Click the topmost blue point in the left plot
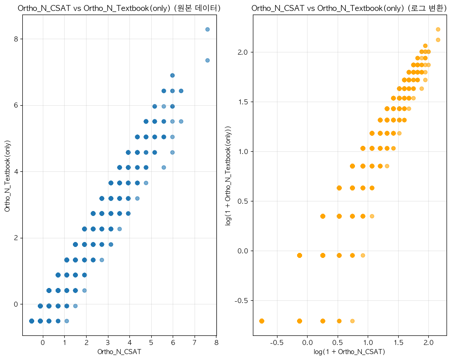coord(207,29)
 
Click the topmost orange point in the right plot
coord(438,29)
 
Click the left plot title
coord(119,8)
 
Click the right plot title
coord(349,8)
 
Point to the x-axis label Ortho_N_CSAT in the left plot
coord(119,352)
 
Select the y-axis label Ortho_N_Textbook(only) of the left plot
coord(7,175)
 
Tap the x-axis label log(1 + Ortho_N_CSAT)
coord(349,352)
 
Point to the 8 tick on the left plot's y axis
coord(16,39)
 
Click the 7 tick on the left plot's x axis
coord(195,342)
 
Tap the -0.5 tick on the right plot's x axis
coord(277,342)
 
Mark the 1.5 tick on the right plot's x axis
coord(398,342)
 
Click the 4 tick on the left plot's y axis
coord(16,171)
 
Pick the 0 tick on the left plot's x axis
coord(42,342)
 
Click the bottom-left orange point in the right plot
coord(262,321)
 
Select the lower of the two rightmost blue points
coord(207,60)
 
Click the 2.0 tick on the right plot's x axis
coord(429,342)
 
